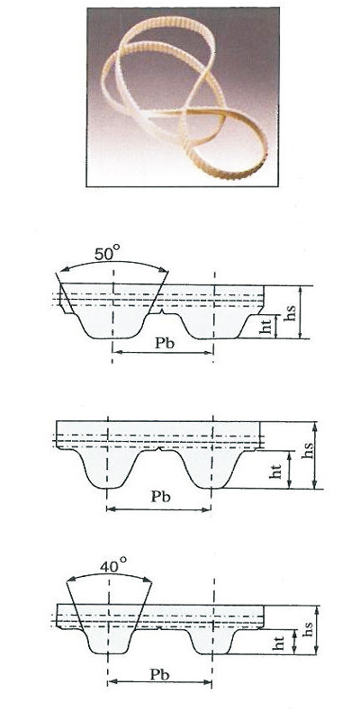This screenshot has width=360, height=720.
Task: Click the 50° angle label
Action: pos(107,254)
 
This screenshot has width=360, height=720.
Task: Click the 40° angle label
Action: pos(113,565)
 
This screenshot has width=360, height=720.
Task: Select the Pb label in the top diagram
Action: pos(164,344)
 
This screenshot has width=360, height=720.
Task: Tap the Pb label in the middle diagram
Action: pos(160,497)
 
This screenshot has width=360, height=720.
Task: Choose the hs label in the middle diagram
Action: pos(309,451)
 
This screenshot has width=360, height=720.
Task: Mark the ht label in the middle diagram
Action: pos(275,471)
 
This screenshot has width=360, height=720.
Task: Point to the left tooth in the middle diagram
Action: pos(107,468)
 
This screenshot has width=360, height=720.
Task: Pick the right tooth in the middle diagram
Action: pos(212,468)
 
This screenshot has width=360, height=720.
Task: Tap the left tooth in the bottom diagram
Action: pos(109,641)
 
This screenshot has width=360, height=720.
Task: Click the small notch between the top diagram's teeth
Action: pos(162,313)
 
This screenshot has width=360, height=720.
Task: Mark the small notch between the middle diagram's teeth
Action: pos(159,447)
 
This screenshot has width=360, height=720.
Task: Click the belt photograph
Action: pos(183,97)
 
